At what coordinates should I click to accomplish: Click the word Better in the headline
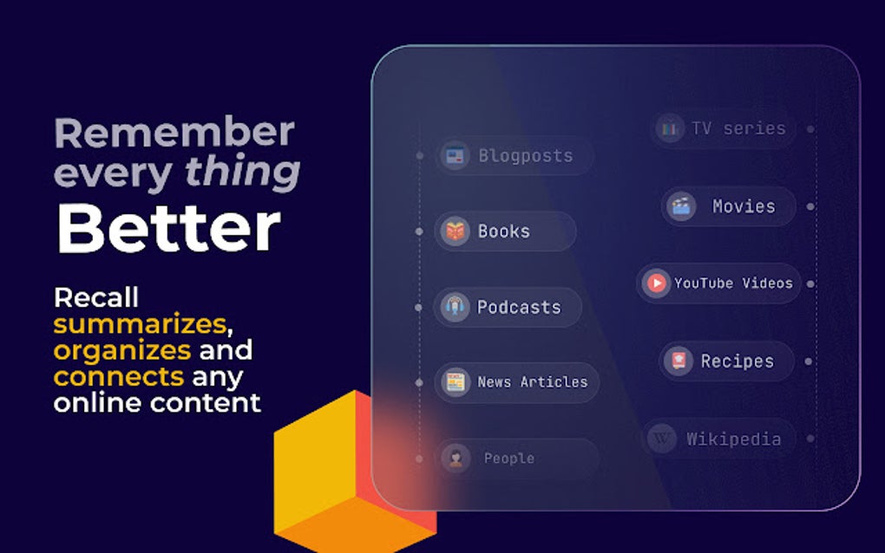click(x=168, y=228)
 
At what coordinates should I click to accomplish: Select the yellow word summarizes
click(x=140, y=323)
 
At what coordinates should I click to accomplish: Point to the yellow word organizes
click(x=122, y=350)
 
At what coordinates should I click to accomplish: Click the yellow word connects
click(x=119, y=376)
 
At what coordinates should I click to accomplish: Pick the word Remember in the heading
click(x=174, y=132)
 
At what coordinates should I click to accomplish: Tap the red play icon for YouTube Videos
click(x=656, y=283)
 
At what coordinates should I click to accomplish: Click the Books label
click(x=504, y=231)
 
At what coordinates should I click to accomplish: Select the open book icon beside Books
click(x=455, y=231)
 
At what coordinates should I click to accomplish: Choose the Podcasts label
click(x=519, y=307)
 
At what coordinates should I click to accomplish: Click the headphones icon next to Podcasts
click(x=455, y=307)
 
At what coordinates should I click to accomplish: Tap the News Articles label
click(x=533, y=382)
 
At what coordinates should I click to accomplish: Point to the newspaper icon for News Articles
click(x=455, y=382)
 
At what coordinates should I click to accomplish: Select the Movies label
click(x=744, y=206)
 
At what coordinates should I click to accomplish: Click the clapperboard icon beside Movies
click(x=681, y=206)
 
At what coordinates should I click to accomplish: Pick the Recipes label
click(x=737, y=361)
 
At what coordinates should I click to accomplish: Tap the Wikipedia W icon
click(x=661, y=438)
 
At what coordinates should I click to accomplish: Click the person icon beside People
click(x=456, y=459)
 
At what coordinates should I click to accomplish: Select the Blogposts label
click(x=526, y=155)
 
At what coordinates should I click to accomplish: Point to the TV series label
click(x=739, y=128)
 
